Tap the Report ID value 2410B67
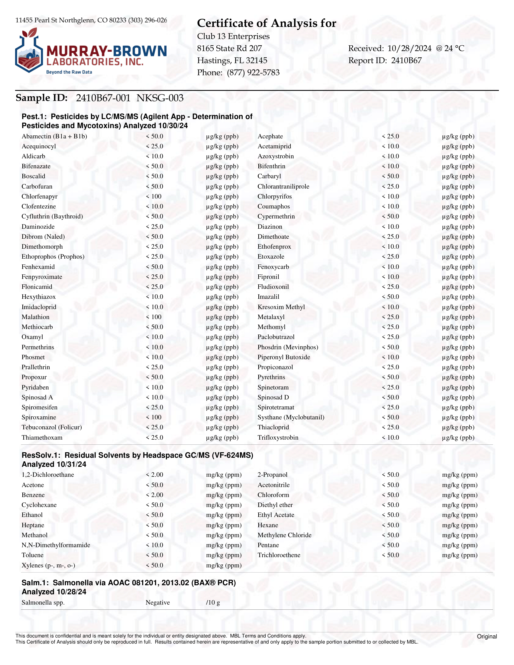pyautogui.click(x=406, y=61)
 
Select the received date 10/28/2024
pyautogui.click(x=409, y=48)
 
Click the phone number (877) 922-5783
pyautogui.click(x=253, y=73)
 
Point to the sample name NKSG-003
pyautogui.click(x=160, y=98)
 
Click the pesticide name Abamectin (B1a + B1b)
pyautogui.click(x=54, y=136)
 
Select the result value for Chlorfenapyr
pyautogui.click(x=154, y=196)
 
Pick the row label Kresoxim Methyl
pyautogui.click(x=281, y=307)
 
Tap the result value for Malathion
pyautogui.click(x=154, y=317)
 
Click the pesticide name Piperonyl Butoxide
pyautogui.click(x=284, y=357)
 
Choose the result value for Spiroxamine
pyautogui.click(x=154, y=417)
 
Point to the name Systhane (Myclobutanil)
pyautogui.click(x=291, y=417)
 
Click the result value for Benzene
pyautogui.click(x=154, y=495)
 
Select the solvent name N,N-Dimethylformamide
pyautogui.click(x=56, y=545)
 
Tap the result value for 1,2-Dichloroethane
pyautogui.click(x=154, y=475)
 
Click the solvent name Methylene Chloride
pyautogui.click(x=284, y=535)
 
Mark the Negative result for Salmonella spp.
pyautogui.click(x=157, y=602)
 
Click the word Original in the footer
pyautogui.click(x=487, y=636)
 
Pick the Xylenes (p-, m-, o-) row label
pyautogui.click(x=48, y=565)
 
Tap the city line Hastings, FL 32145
pyautogui.click(x=232, y=61)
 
